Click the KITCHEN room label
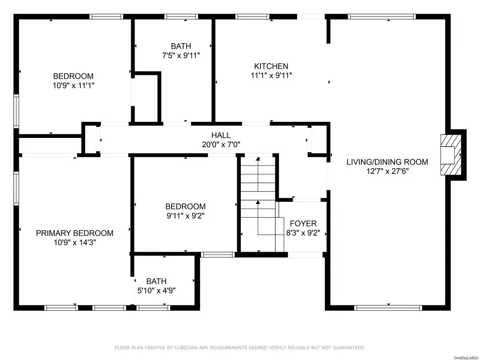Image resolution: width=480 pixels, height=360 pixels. coord(271,66)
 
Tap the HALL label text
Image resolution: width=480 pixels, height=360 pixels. coord(221,135)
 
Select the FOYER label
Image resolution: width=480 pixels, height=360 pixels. coord(303,224)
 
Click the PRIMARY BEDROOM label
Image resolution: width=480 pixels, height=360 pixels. coord(75,233)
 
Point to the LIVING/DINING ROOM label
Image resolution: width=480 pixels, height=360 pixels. coord(387,162)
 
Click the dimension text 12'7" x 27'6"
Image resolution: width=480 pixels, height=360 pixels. coord(388,171)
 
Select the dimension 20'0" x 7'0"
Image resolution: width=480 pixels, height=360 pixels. coord(221,144)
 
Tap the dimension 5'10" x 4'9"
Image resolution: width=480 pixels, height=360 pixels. coord(157,290)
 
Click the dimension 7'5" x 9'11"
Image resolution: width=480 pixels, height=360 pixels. coord(181,55)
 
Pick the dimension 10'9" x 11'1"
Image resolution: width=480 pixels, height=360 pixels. coord(74,85)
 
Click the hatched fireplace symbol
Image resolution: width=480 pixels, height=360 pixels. coord(451,155)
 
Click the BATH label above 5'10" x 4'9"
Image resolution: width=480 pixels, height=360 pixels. coord(157,281)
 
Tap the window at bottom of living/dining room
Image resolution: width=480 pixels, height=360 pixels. coord(388,307)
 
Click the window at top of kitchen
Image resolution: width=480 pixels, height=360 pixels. coord(253,16)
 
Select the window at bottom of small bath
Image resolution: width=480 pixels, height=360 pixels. coord(153,307)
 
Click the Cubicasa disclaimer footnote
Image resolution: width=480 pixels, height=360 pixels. coord(240,348)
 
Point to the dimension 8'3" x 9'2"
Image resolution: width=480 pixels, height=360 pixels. coord(303,233)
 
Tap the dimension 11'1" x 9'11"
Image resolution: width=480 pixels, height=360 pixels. coord(271,75)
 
